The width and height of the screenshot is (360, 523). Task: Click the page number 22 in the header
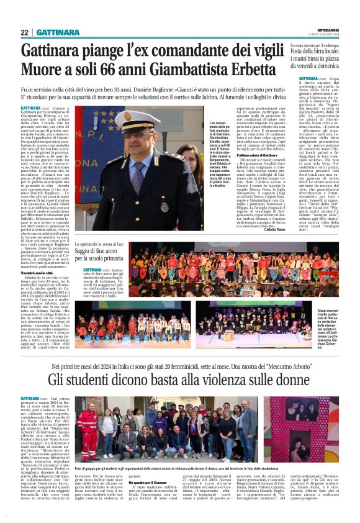click(x=24, y=32)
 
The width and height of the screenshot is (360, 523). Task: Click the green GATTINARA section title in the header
click(x=57, y=32)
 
